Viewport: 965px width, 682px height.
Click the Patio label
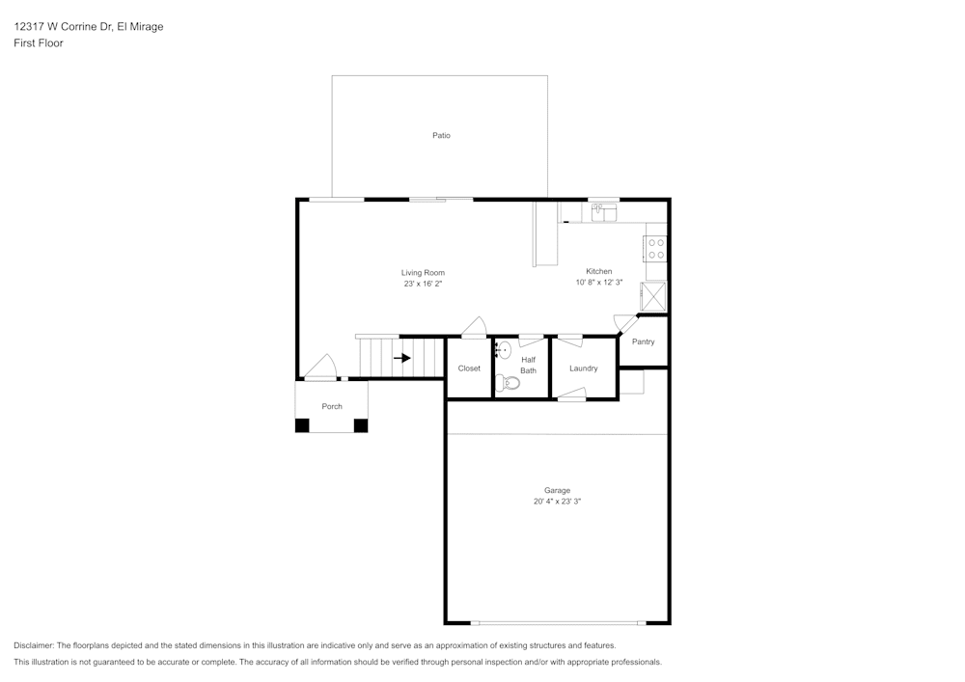(x=441, y=136)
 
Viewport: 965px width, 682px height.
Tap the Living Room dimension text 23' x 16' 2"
(x=423, y=284)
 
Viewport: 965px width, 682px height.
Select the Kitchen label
(x=598, y=271)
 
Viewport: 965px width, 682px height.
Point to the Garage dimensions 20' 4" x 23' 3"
(x=557, y=502)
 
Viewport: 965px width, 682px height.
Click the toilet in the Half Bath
(x=509, y=383)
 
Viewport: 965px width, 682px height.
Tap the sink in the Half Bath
(x=504, y=350)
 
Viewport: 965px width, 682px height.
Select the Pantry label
(x=643, y=341)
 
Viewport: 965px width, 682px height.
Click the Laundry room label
(x=583, y=368)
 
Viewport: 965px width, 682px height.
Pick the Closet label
(x=469, y=368)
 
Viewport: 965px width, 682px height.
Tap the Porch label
(x=332, y=406)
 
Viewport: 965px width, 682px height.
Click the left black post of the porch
(x=302, y=424)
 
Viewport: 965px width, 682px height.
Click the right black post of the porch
(x=361, y=424)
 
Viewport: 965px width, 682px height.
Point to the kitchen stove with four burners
(x=656, y=249)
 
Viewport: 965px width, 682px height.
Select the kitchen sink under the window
(x=604, y=212)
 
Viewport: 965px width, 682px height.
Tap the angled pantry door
(x=626, y=324)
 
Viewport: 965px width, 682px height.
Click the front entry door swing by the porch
(x=321, y=368)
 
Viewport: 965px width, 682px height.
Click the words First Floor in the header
(x=39, y=43)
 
